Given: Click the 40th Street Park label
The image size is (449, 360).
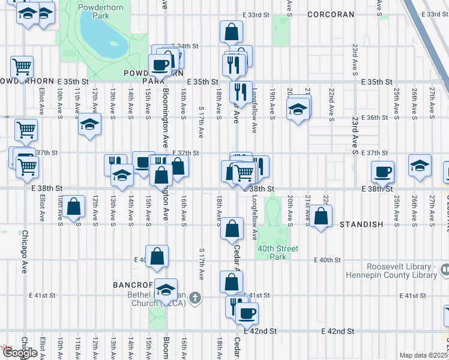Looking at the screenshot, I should coord(278,253).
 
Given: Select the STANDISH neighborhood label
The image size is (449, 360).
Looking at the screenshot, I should coord(361,224).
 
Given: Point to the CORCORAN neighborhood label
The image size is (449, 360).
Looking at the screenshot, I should coord(328,14).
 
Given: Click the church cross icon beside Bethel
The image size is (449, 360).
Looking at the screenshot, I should coord(194,297).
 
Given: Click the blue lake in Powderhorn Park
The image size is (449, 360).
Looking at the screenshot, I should coord(103,37).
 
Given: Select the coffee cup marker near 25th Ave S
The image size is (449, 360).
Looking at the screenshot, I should coord(382,172).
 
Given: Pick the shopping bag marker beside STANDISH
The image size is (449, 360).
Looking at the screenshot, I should coord(321,215).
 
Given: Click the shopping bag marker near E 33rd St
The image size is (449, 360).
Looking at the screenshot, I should coord(231,31).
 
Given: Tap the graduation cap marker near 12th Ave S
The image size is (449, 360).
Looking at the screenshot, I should coord(89,124).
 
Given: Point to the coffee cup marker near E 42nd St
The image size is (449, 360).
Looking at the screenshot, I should coord(246,312).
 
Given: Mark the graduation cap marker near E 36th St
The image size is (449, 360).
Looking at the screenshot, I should coord(298,110).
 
